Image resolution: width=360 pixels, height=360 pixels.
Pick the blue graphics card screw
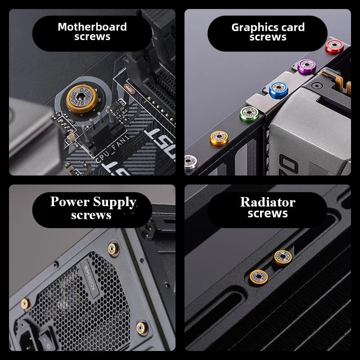[x=278, y=89]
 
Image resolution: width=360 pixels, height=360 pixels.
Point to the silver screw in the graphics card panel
[x=189, y=160]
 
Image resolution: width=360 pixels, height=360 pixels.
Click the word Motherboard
[x=92, y=27]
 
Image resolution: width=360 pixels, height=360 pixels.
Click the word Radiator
[x=268, y=202]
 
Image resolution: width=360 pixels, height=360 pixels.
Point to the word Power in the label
[x=69, y=202]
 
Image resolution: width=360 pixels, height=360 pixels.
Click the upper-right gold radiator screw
[x=283, y=257]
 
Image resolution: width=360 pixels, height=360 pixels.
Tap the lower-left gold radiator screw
[x=258, y=276]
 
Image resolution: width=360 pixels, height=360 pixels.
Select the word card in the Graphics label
[x=292, y=27]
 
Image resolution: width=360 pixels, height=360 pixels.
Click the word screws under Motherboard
[x=92, y=37]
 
